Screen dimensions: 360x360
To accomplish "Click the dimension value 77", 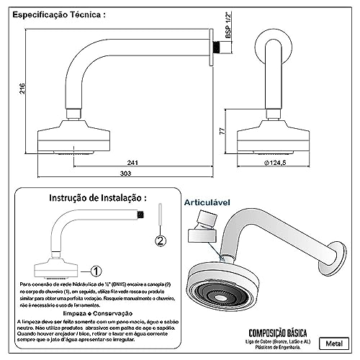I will (224, 133).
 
